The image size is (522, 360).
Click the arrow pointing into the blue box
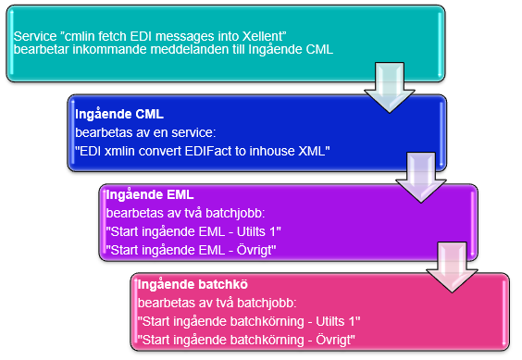(390, 87)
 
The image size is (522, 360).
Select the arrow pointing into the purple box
(421, 177)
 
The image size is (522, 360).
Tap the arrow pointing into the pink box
(452, 267)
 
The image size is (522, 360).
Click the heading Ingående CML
(119, 114)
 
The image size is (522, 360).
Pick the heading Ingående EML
(150, 195)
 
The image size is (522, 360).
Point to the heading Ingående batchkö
(193, 285)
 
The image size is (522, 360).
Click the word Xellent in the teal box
(265, 36)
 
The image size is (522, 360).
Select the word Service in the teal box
(35, 36)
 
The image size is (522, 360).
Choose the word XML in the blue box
(313, 151)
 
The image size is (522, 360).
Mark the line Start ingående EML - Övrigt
(191, 250)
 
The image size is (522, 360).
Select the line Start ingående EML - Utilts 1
(193, 231)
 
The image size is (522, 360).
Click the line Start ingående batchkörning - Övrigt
(246, 340)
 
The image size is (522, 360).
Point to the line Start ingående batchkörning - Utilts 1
(249, 321)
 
